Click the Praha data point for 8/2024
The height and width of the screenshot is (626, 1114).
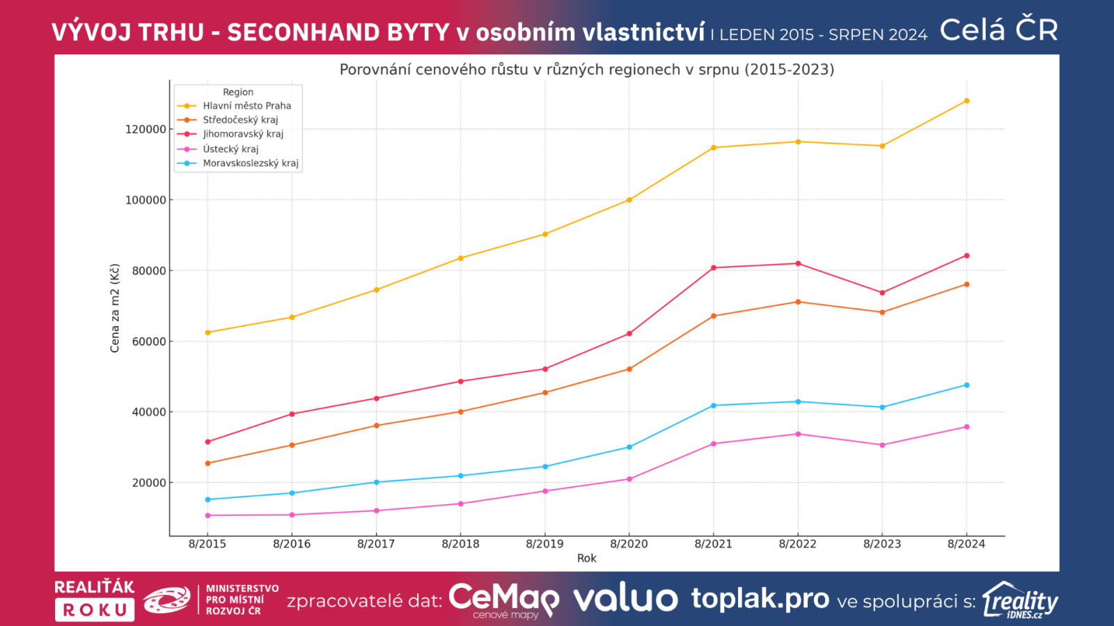(966, 101)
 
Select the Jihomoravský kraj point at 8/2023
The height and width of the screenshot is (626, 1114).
(882, 293)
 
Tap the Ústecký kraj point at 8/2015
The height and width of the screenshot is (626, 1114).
(207, 515)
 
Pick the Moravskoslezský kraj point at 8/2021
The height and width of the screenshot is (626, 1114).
(714, 406)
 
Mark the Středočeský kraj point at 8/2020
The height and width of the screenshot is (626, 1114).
(629, 369)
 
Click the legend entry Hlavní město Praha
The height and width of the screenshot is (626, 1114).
(246, 106)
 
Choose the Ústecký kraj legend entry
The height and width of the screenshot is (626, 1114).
(230, 149)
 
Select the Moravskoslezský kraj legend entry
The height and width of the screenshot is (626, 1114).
(251, 163)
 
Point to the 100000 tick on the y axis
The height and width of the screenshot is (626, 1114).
(146, 200)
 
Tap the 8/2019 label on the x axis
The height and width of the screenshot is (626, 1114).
(544, 544)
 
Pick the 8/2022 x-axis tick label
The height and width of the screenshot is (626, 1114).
(798, 544)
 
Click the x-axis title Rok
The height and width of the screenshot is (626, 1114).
(586, 558)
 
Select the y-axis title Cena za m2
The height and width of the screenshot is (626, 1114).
(115, 308)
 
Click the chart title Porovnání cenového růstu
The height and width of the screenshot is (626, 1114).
(586, 70)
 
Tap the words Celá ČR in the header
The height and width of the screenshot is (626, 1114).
(998, 31)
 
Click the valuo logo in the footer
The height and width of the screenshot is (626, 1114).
(625, 599)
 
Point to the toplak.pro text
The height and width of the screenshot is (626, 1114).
(760, 599)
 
